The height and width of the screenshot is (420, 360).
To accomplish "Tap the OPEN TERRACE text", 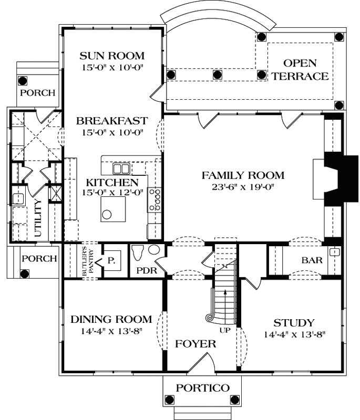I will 300,70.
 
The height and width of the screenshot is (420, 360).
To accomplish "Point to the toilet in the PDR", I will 138,251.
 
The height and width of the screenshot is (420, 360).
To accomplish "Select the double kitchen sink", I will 121,168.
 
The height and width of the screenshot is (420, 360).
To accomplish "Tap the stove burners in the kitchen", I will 156,199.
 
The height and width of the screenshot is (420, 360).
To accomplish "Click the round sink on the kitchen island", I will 107,214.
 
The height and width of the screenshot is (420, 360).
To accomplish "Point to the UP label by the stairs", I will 225,330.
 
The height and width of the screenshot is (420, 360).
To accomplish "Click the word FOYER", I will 196,344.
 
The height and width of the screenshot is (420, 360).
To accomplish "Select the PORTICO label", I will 202,388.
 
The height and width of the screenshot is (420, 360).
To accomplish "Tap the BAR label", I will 312,260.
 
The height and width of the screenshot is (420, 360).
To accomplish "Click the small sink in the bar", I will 333,253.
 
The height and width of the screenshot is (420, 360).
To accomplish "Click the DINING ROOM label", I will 111,319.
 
